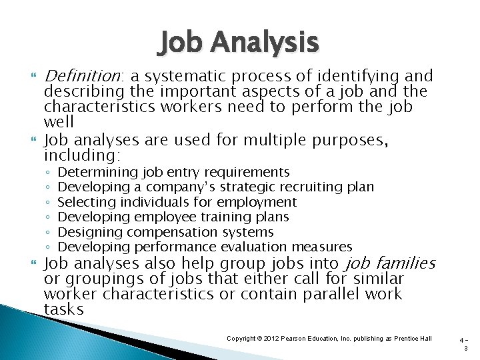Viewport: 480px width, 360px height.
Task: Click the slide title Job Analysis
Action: coord(239,43)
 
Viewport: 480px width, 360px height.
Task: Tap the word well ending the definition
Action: coord(59,123)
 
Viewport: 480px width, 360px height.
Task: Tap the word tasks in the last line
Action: coord(63,309)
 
